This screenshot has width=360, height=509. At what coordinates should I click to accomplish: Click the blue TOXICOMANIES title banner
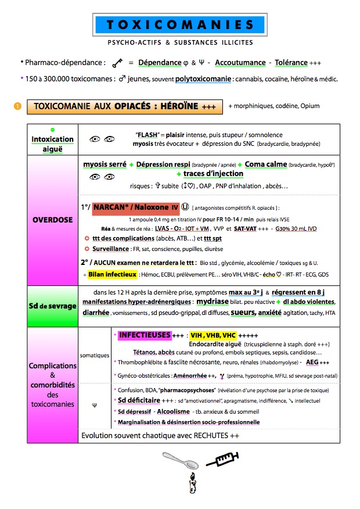(x=180, y=25)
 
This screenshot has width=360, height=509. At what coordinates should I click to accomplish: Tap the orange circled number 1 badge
(x=17, y=106)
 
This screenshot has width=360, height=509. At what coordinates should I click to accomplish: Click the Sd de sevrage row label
(x=52, y=306)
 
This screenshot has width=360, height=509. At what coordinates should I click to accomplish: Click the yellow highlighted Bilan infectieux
(x=113, y=274)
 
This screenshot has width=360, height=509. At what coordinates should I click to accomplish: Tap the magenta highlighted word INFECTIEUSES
(x=145, y=335)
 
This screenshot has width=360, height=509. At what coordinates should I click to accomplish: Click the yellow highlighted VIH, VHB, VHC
(x=213, y=335)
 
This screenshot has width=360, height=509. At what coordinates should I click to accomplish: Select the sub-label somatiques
(x=94, y=354)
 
